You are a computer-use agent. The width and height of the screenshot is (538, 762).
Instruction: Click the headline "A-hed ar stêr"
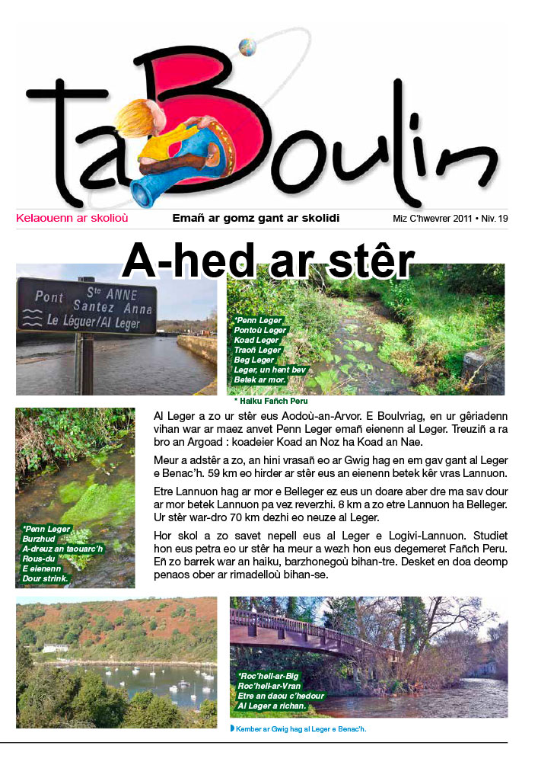tap(268, 261)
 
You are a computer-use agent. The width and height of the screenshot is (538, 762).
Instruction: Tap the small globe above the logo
tap(247, 47)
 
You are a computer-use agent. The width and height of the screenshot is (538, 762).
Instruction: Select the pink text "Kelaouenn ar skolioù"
tap(72, 219)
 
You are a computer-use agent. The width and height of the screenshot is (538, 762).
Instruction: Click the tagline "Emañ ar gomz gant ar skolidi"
tap(256, 219)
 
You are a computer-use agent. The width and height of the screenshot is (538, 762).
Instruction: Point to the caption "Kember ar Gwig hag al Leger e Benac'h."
tap(301, 729)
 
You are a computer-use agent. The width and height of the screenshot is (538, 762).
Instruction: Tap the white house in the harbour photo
tap(54, 648)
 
